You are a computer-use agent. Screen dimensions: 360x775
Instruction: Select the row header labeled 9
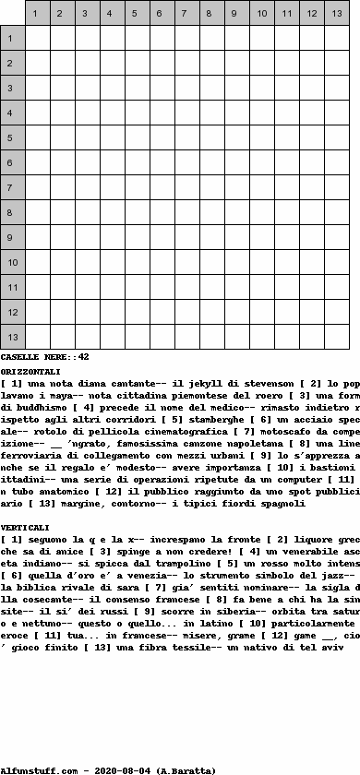13,238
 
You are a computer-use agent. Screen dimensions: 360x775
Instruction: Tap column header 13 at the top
337,14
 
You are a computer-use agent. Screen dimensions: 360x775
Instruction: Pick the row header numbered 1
13,39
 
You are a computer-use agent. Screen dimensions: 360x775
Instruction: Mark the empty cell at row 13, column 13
337,338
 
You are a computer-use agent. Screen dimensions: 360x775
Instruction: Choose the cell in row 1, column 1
38,39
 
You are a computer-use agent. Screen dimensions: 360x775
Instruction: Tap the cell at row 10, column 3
88,263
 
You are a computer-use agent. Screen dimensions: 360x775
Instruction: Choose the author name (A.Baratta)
186,769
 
